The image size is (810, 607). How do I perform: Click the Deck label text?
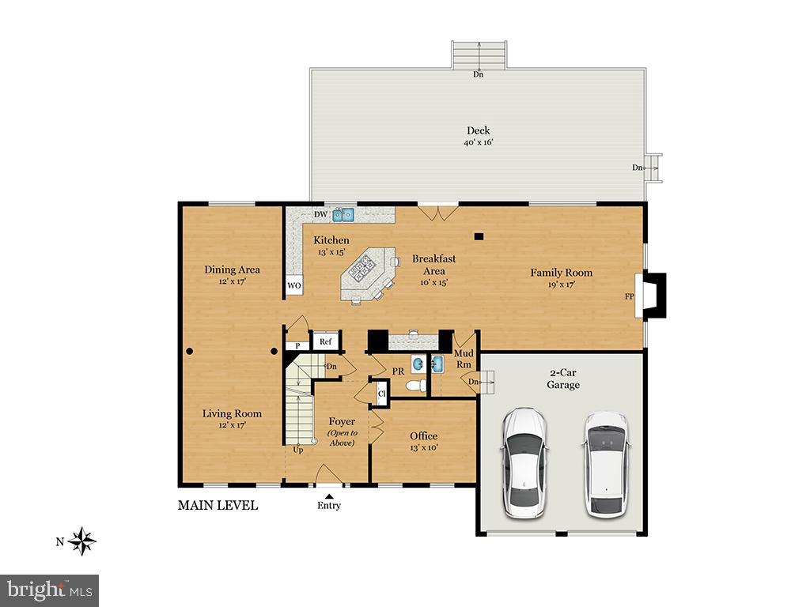click(478, 130)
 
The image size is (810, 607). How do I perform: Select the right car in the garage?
click(607, 463)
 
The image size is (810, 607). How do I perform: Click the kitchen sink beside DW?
click(343, 214)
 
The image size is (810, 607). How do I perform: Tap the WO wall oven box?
click(293, 285)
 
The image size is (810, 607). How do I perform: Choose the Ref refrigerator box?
click(325, 341)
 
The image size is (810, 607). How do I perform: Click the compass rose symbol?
click(81, 541)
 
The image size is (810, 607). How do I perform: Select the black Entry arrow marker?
click(329, 496)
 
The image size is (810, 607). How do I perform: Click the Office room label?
click(423, 436)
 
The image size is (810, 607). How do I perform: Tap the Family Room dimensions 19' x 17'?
click(561, 285)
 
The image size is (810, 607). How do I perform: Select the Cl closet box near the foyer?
click(381, 394)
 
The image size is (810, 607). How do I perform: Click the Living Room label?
click(232, 413)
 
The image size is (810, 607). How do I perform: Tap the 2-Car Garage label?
click(563, 379)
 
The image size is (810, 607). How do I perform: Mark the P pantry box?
click(297, 345)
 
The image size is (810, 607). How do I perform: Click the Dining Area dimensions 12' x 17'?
click(232, 281)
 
